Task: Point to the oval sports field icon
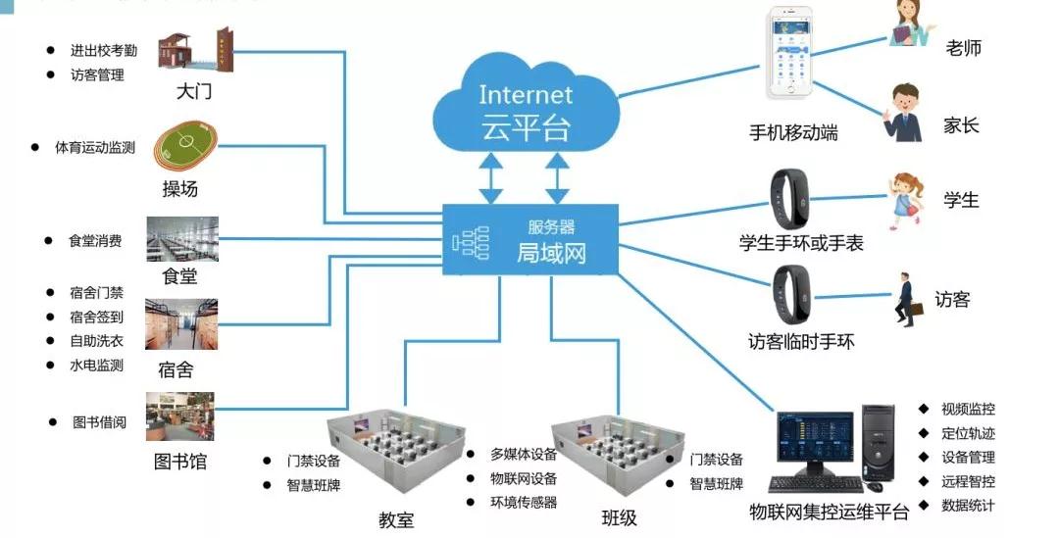(x=191, y=147)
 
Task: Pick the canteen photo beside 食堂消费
(x=181, y=239)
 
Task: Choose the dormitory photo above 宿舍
(x=180, y=324)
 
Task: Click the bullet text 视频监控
(x=968, y=409)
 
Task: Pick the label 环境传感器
(x=524, y=503)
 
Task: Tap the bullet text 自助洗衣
(x=96, y=341)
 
